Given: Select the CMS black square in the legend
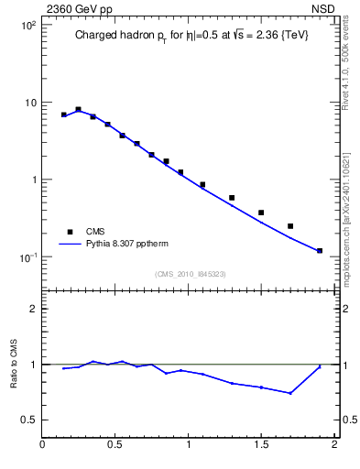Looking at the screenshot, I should pyautogui.click(x=66, y=232).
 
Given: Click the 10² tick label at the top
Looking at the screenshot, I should pyautogui.click(x=28, y=25).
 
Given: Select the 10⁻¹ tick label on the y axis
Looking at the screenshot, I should pyautogui.click(x=28, y=257).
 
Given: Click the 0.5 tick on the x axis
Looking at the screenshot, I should pyautogui.click(x=115, y=446).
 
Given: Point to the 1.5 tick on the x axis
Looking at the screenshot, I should pyautogui.click(x=261, y=446).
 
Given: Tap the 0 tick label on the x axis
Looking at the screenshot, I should pyautogui.click(x=43, y=446).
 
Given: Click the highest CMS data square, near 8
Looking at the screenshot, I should pyautogui.click(x=79, y=109).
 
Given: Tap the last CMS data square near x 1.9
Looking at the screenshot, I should pyautogui.click(x=320, y=250).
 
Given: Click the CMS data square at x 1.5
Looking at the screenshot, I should pyautogui.click(x=261, y=213).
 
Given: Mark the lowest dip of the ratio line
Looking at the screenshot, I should pyautogui.click(x=290, y=393).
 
